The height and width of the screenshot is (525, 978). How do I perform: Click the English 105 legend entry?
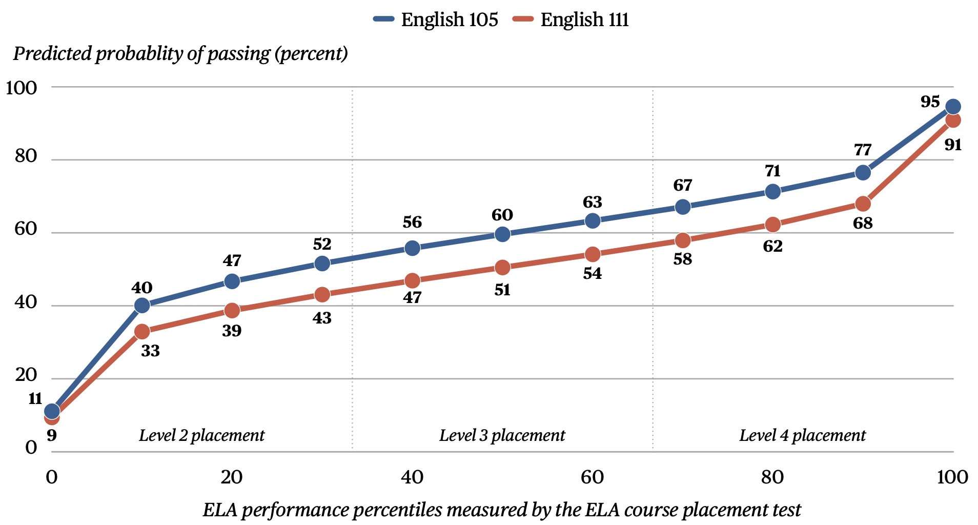click(436, 19)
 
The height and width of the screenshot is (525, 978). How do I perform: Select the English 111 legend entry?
click(570, 19)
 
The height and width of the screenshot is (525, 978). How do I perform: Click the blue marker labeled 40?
click(142, 306)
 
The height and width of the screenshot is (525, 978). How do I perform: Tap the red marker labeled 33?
click(142, 332)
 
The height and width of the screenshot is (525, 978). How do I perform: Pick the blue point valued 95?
click(953, 107)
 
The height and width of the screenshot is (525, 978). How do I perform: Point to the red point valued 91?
click(953, 120)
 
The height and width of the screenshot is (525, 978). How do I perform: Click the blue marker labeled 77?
click(863, 172)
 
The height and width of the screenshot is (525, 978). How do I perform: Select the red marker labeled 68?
click(863, 204)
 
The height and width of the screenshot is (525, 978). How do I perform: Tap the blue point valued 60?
click(502, 234)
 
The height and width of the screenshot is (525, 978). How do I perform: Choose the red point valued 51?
click(502, 268)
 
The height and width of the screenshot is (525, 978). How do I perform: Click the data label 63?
click(592, 202)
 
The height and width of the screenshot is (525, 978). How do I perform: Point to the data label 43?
click(322, 318)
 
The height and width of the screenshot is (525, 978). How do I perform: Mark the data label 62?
click(772, 247)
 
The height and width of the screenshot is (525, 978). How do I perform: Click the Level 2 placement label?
click(201, 435)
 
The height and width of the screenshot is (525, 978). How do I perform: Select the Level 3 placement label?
click(502, 435)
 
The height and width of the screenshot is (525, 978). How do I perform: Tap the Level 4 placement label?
click(802, 435)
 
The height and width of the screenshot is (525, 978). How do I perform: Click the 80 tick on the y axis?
click(26, 156)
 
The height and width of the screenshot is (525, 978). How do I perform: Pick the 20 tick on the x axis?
click(232, 477)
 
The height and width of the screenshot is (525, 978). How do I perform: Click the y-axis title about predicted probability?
click(180, 53)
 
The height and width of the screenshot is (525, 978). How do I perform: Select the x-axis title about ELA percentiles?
click(502, 510)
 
